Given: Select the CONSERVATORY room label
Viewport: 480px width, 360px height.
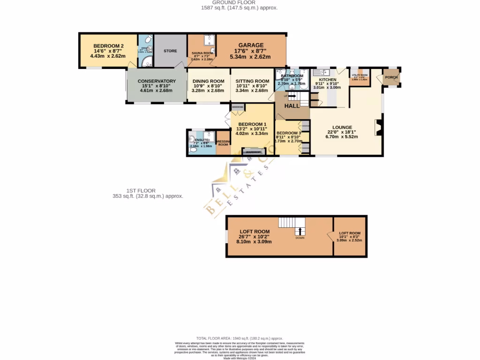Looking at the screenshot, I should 157,81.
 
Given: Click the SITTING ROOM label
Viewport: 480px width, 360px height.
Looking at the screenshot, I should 252,81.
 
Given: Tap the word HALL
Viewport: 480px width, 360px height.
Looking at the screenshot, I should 292,106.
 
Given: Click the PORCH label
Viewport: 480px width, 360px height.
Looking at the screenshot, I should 391,78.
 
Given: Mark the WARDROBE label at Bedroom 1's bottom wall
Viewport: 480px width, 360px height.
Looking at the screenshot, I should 254,151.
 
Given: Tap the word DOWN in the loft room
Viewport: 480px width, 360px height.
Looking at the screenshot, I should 300,238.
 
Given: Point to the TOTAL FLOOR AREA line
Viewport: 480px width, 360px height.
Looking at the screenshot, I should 240,338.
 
